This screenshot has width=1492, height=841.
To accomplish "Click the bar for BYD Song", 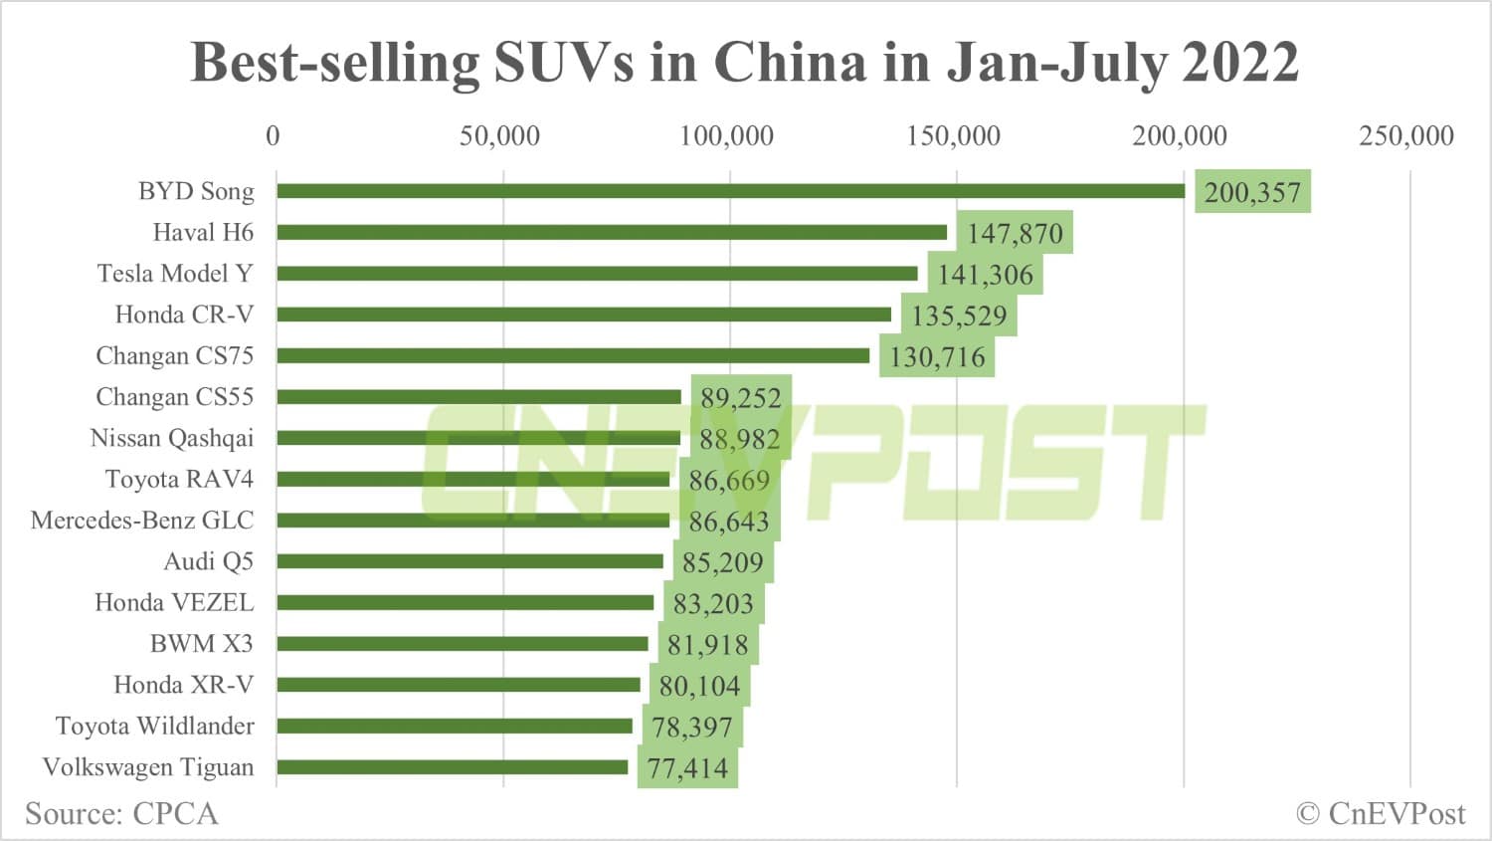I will tap(731, 191).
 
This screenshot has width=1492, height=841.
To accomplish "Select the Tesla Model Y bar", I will tap(597, 274).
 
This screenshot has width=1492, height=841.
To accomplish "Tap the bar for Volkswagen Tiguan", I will tap(453, 767).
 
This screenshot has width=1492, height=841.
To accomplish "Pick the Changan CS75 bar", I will tap(573, 355).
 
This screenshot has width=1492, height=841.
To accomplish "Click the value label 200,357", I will tap(1252, 192).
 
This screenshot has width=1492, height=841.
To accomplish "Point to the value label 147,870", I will tap(1015, 233).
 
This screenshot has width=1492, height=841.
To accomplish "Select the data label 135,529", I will tap(959, 315).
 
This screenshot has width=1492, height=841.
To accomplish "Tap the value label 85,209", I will tap(722, 562).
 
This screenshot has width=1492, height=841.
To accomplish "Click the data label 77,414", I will tap(687, 767).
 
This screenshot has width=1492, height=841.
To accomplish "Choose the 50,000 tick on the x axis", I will tap(499, 135).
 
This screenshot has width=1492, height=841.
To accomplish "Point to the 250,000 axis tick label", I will tap(1405, 135).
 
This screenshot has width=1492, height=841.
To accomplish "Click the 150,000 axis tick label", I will tap(953, 135).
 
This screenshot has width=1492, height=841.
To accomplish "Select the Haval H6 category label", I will tap(203, 232).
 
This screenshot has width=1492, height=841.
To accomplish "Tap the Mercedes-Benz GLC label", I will tap(142, 520).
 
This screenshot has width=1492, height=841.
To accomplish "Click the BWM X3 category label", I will tap(201, 643).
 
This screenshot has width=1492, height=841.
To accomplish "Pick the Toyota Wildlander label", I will tap(154, 726).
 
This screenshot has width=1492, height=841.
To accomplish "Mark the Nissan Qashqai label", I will tap(171, 438).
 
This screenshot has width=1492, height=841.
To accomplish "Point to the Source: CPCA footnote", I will tap(121, 813).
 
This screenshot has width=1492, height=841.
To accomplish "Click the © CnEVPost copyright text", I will tap(1380, 813).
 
